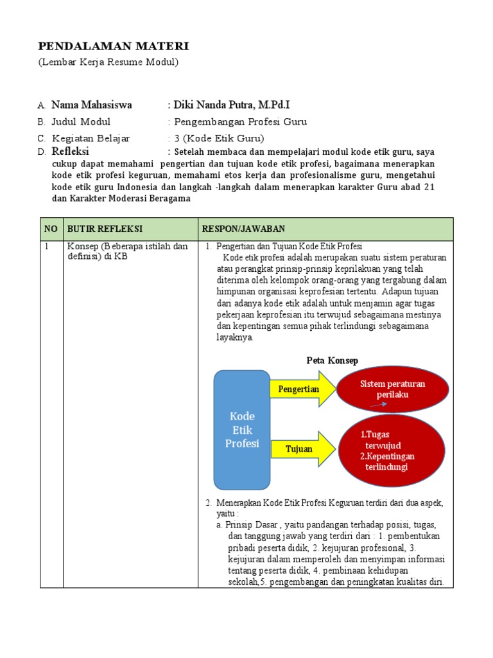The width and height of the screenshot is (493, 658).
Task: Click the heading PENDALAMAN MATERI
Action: (114, 46)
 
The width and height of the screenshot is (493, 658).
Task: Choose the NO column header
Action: (50, 229)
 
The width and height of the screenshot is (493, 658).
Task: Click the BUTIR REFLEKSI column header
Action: (105, 229)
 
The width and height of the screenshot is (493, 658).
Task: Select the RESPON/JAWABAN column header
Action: (243, 229)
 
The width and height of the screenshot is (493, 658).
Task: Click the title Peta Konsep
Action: (332, 361)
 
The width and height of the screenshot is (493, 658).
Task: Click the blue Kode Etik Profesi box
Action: (241, 429)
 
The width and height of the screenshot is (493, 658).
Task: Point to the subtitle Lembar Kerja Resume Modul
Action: (108, 62)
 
